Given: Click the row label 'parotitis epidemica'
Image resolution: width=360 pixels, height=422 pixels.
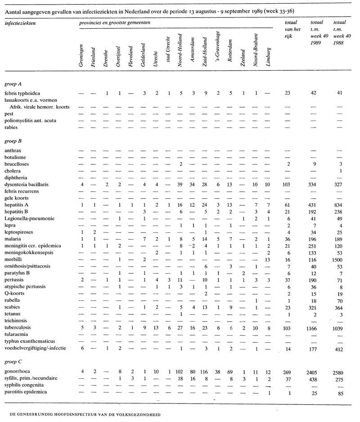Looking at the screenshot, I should coord(24,392).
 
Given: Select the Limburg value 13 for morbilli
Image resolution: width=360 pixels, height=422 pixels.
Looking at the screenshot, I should coord(268,261).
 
